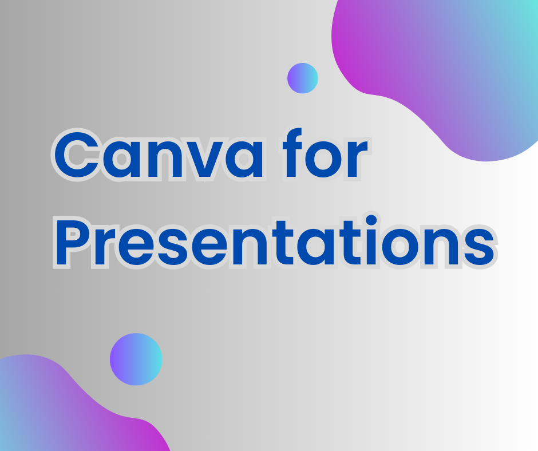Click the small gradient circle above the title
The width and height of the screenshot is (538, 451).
point(302,78)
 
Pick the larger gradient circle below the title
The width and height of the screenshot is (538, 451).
point(136,359)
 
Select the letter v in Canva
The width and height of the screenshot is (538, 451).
point(205,162)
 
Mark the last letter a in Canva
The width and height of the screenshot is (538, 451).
point(243,162)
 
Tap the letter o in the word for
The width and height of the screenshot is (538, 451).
point(325,162)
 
